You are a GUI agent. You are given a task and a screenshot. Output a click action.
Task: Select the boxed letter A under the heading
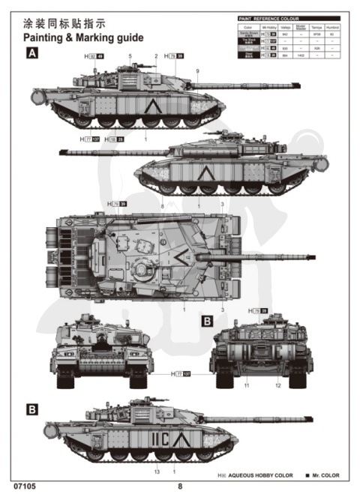(31, 53)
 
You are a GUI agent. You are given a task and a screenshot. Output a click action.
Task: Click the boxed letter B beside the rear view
(208, 321)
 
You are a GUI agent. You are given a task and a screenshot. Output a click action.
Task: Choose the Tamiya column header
(316, 26)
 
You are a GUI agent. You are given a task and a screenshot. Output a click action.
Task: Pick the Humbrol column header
(333, 26)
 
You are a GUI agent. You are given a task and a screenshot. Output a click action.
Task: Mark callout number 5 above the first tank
(130, 56)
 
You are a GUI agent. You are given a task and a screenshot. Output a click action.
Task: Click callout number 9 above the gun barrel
(197, 71)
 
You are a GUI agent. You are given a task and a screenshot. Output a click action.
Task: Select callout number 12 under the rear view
(277, 386)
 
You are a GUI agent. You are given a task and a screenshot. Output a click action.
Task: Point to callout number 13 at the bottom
(157, 472)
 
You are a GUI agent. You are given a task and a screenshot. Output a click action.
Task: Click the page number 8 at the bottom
(180, 486)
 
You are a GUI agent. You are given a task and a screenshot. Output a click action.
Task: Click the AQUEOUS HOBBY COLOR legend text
(259, 475)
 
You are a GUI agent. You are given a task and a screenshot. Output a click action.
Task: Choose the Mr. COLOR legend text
(325, 475)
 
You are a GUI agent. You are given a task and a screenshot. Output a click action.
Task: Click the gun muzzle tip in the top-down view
(313, 257)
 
